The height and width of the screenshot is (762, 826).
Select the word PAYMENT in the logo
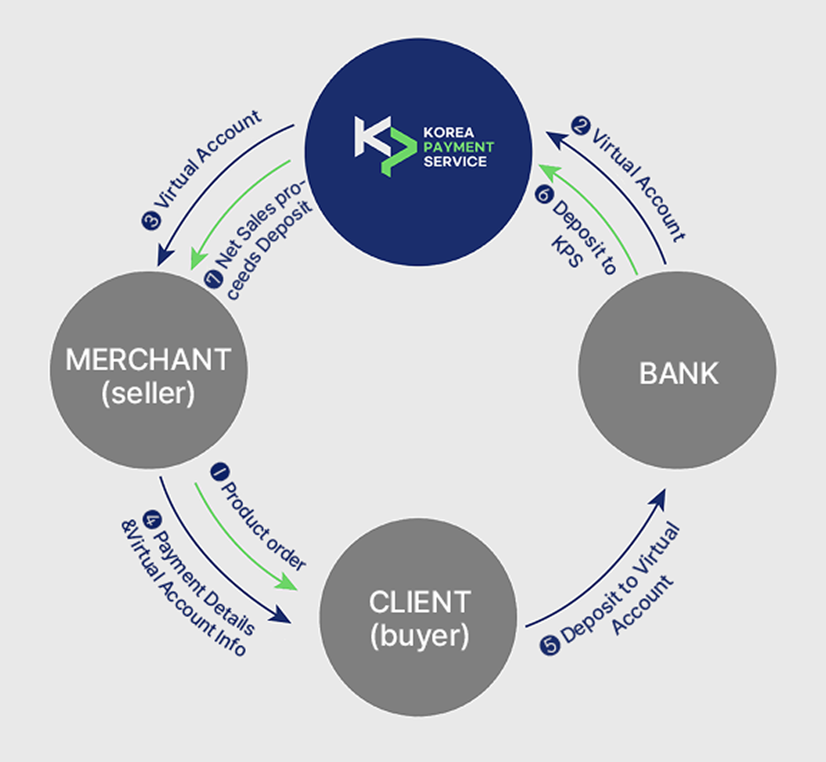point(459,147)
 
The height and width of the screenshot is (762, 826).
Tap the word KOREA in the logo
point(449,133)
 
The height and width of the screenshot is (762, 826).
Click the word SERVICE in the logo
point(455,162)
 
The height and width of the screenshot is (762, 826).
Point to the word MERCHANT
point(148,359)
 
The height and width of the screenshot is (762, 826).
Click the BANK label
point(679,373)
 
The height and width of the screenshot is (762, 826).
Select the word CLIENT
point(420,602)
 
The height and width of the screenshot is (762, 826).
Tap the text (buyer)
point(420,636)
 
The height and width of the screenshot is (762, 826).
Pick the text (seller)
point(148,393)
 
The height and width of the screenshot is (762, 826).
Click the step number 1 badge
point(220,472)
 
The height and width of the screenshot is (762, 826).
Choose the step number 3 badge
point(152,220)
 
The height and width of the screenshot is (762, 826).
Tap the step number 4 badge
point(152,520)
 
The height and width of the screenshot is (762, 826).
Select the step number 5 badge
point(550,645)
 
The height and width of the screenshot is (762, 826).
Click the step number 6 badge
point(544,194)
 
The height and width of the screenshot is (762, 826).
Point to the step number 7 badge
point(213,279)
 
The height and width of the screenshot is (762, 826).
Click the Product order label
point(263,526)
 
